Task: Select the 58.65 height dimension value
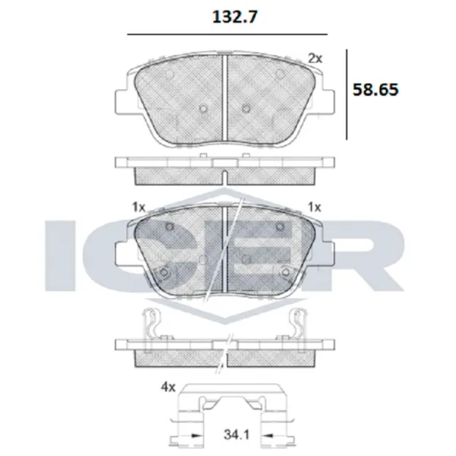[375, 89]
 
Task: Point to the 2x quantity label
[315, 57]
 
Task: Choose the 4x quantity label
[169, 388]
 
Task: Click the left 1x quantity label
[138, 207]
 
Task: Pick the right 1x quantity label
[315, 207]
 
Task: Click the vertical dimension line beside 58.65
[347, 93]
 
